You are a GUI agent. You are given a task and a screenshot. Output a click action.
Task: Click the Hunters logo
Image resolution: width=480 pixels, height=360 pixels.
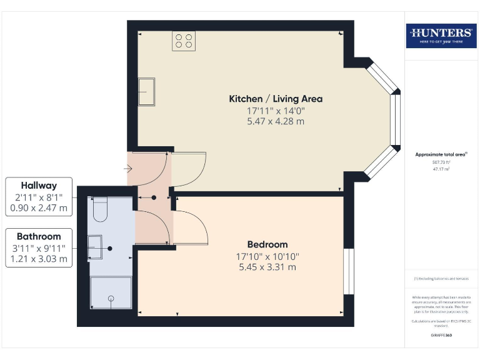tap(441, 36)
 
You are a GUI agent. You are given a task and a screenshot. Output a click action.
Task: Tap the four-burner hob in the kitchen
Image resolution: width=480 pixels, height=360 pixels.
tap(184, 41)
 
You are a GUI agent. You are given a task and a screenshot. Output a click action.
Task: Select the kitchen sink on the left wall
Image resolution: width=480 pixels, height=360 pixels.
tap(147, 91)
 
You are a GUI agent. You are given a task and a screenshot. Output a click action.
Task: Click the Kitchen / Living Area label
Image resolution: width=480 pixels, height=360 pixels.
tap(276, 99)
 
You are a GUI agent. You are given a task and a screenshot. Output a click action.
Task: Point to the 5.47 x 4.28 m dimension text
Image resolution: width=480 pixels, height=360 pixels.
tap(276, 121)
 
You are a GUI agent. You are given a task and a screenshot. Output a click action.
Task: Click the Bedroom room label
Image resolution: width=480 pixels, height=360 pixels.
tap(267, 244)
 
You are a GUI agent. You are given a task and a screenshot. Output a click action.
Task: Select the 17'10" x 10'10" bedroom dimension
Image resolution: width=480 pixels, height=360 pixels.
tap(267, 256)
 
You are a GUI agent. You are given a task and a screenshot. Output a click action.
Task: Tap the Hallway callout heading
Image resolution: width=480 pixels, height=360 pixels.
tap(39, 186)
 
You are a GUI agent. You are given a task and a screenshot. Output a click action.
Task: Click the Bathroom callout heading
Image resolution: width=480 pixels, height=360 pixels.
tap(39, 236)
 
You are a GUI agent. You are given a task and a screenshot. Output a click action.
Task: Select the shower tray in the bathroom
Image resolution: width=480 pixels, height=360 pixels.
tap(111, 292)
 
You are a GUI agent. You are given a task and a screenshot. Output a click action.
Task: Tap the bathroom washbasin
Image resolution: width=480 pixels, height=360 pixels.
tap(94, 247)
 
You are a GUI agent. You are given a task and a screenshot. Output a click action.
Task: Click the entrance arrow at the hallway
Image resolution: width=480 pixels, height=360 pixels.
tap(128, 168)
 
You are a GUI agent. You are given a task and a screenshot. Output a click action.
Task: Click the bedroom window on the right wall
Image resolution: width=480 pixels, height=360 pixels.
tap(349, 270)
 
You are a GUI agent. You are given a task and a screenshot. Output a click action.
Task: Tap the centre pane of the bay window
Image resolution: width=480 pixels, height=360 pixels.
tap(395, 120)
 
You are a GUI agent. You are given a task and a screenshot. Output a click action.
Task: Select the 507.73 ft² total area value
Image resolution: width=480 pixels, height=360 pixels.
tap(441, 162)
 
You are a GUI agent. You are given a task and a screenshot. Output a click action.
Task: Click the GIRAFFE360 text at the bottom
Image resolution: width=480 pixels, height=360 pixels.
tap(441, 336)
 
